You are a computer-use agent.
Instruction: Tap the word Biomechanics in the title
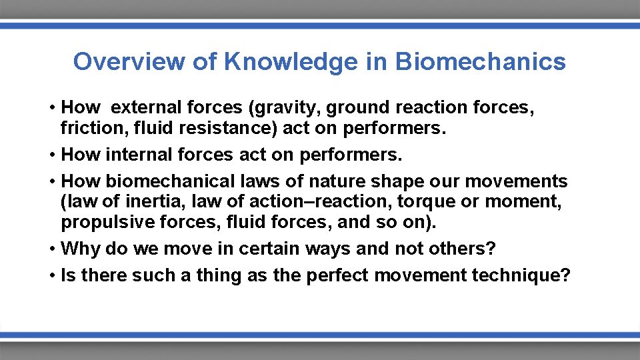[480, 61]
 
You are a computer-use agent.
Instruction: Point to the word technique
[518, 275]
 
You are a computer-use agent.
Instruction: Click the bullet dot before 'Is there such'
[51, 275]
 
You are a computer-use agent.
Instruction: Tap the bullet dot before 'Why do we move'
[51, 249]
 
